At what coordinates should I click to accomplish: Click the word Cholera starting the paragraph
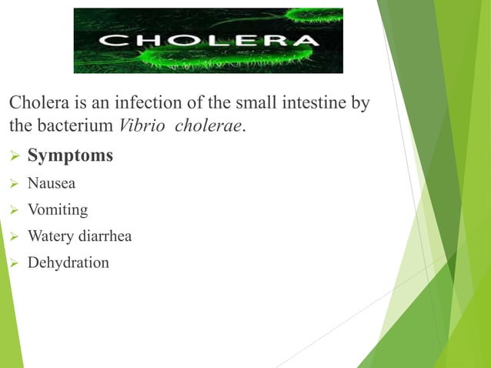tap(35, 102)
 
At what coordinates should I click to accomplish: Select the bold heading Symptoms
tap(70, 156)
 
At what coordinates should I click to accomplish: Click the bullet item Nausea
tap(52, 183)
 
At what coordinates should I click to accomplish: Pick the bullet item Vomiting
tap(58, 210)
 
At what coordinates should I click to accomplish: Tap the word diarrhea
tap(105, 236)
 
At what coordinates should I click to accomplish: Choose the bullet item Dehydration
tap(68, 263)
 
